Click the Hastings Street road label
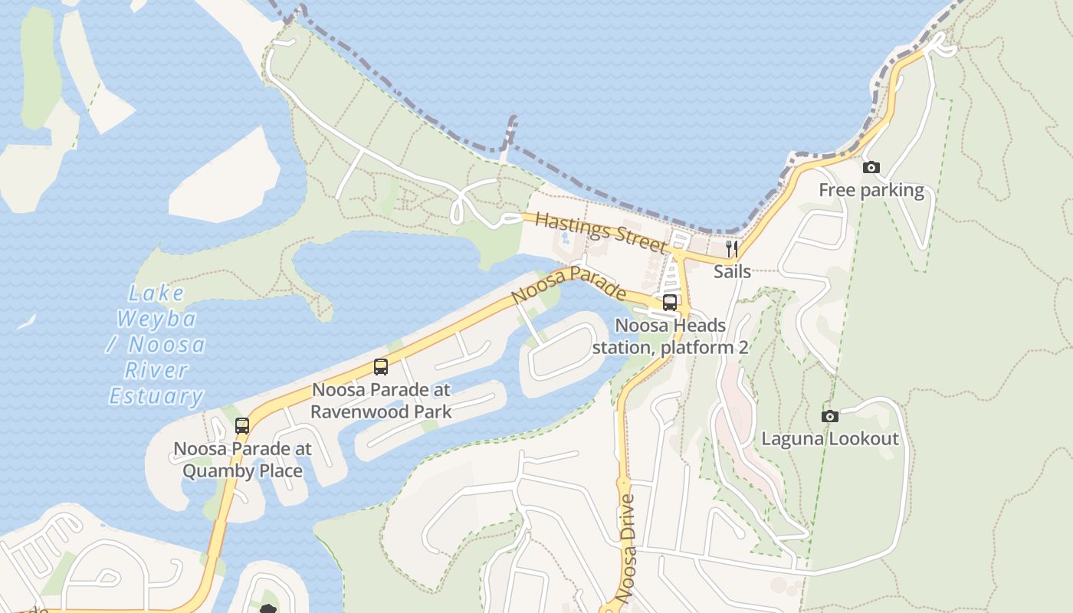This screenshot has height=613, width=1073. [x=600, y=232]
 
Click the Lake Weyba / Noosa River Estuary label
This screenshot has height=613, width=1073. [x=156, y=345]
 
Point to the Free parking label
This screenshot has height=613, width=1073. [x=871, y=190]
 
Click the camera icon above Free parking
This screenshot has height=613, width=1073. [x=871, y=168]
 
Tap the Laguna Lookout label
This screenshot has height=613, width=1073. [x=829, y=439]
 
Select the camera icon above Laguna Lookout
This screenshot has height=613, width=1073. [x=829, y=417]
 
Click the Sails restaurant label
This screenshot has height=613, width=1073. [x=732, y=271]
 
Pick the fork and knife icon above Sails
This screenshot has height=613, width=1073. [x=732, y=249]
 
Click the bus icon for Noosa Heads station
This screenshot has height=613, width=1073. [x=670, y=303]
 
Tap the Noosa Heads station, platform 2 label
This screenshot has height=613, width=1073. [x=670, y=336]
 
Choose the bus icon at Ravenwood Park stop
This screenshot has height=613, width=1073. [x=381, y=367]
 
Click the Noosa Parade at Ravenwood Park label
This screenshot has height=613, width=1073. [x=381, y=400]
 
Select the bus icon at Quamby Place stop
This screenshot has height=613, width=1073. [x=242, y=426]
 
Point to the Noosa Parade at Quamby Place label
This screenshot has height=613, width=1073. [x=242, y=459]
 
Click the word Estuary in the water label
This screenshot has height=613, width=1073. [x=156, y=397]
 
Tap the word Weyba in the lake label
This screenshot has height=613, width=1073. [x=156, y=319]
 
